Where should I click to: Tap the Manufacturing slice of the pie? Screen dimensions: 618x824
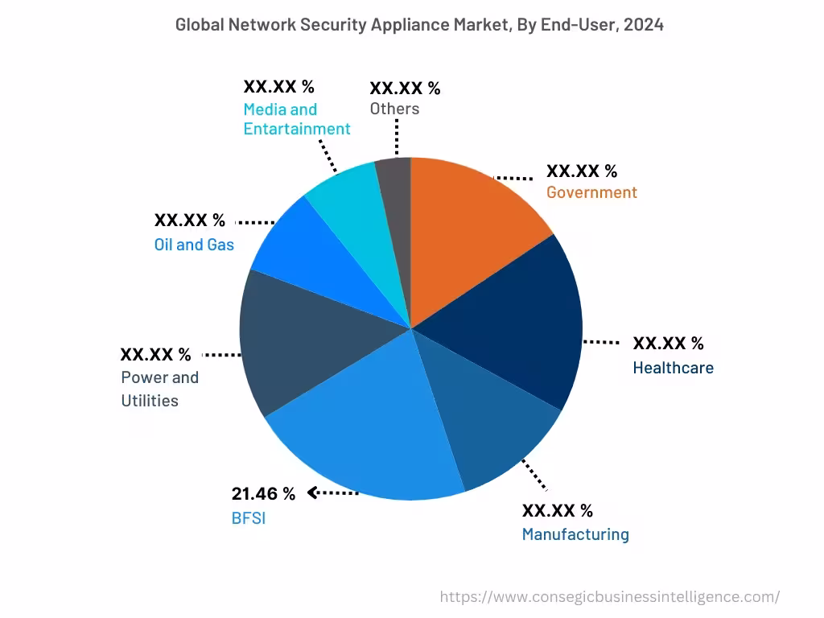pyautogui.click(x=483, y=426)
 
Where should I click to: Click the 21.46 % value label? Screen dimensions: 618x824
pyautogui.click(x=263, y=494)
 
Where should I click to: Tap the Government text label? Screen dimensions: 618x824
pyautogui.click(x=591, y=192)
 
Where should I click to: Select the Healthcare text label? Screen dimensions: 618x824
pyautogui.click(x=673, y=368)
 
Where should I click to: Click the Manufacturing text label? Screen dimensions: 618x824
pyautogui.click(x=575, y=534)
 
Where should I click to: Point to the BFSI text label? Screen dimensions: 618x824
pyautogui.click(x=248, y=518)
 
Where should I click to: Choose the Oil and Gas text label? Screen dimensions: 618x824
pyautogui.click(x=194, y=244)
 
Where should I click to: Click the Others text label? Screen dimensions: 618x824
pyautogui.click(x=394, y=109)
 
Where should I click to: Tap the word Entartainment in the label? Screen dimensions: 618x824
pyautogui.click(x=297, y=129)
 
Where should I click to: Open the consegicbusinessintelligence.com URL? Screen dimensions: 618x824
pyautogui.click(x=609, y=596)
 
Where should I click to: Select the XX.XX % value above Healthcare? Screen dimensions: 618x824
pyautogui.click(x=668, y=344)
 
